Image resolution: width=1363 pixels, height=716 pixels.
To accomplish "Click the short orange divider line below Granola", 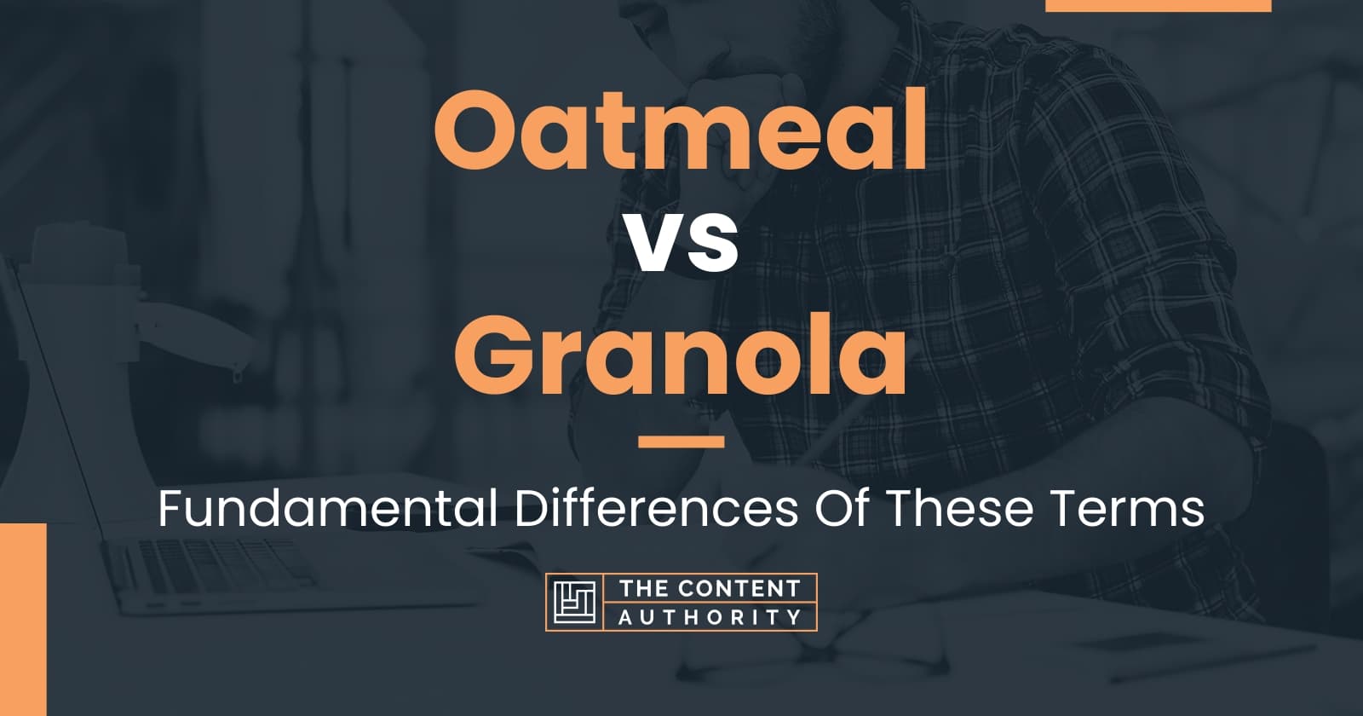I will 681,442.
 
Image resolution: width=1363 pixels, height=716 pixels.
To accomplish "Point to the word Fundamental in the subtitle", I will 327,510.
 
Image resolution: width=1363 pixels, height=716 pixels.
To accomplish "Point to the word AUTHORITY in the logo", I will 710,616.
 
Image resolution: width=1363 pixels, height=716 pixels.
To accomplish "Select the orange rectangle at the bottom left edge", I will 22,619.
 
